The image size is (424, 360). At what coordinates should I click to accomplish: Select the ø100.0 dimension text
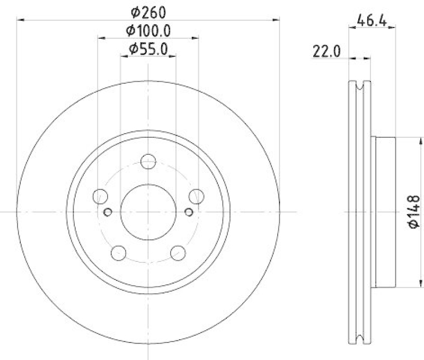(x=148, y=30)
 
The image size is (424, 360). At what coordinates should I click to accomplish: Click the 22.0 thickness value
(x=326, y=51)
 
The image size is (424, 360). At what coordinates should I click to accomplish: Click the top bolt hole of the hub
(x=148, y=161)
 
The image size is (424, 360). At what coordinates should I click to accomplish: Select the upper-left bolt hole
(x=100, y=196)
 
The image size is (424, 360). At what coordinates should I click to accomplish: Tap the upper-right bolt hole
(x=197, y=196)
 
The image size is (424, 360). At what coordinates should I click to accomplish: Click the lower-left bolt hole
(x=119, y=253)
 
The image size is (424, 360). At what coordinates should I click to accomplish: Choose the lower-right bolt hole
(x=178, y=253)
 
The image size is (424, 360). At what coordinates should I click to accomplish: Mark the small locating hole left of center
(x=108, y=212)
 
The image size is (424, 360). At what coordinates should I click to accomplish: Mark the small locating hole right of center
(x=189, y=212)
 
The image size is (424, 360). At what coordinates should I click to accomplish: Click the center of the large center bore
(x=148, y=211)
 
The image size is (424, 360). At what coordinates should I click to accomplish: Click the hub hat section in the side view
(x=384, y=212)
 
